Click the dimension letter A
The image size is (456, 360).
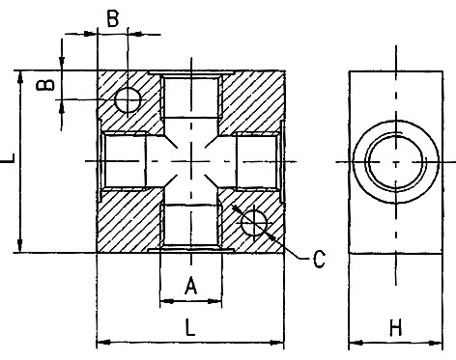pyautogui.click(x=190, y=286)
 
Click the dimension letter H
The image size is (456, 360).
pyautogui.click(x=396, y=327)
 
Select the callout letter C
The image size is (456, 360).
pyautogui.click(x=319, y=259)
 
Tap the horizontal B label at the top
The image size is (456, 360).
pyautogui.click(x=113, y=18)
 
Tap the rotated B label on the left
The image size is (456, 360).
pyautogui.click(x=45, y=85)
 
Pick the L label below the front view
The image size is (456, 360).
pyautogui.click(x=190, y=327)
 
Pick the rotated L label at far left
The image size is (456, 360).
pyautogui.click(x=8, y=158)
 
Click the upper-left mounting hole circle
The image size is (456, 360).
pyautogui.click(x=128, y=99)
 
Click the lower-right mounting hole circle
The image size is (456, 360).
pyautogui.click(x=254, y=223)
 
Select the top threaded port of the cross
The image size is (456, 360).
pyautogui.click(x=191, y=96)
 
